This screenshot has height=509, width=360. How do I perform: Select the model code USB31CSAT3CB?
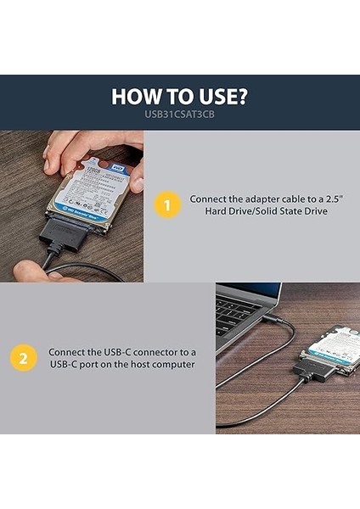pos(180,115)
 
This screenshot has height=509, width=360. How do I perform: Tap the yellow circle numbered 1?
pos(167,204)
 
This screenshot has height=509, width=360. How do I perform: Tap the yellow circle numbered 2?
pos(23,358)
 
